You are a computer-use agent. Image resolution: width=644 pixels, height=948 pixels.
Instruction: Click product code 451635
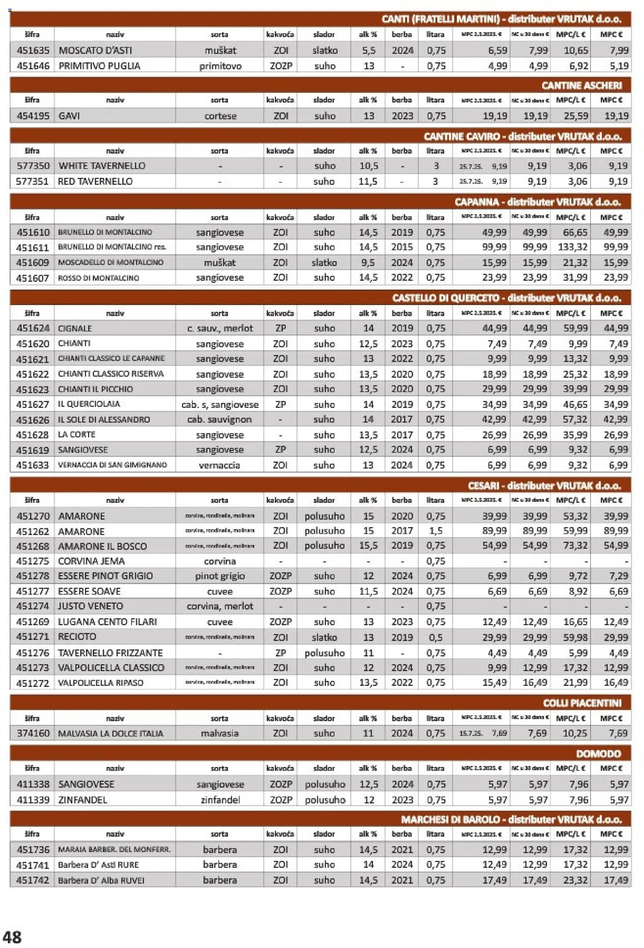[x=33, y=50]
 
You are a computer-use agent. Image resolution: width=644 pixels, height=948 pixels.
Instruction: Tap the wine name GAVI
[x=69, y=116]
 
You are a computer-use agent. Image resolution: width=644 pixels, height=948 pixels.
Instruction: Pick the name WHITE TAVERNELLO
[x=102, y=166]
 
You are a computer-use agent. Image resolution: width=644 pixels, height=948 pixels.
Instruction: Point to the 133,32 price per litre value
[x=572, y=247]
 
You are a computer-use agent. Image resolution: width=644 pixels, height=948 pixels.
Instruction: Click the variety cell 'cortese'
[x=220, y=116]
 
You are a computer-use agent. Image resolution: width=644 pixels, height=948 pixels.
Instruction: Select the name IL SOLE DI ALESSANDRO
[x=104, y=420]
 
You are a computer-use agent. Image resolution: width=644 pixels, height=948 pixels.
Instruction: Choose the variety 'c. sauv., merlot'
[x=220, y=328]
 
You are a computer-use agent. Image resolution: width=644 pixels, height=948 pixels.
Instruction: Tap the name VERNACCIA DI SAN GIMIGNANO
[x=112, y=465]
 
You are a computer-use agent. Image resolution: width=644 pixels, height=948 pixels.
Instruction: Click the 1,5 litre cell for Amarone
[x=435, y=531]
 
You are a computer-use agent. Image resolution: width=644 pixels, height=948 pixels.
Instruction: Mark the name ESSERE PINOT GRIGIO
[x=106, y=576]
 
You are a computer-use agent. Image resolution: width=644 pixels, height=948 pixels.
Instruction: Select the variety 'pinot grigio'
[x=220, y=576]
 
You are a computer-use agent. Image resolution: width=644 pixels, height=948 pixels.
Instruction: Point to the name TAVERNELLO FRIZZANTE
[x=110, y=653]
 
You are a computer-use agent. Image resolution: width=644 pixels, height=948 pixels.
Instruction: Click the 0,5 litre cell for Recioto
[x=435, y=637]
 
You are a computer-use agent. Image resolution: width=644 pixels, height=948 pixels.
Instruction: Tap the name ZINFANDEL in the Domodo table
[x=83, y=800]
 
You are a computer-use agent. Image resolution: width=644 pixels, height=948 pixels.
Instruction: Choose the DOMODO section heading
[x=598, y=754]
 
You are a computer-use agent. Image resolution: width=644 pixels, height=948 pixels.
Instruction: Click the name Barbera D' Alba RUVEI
[x=101, y=880]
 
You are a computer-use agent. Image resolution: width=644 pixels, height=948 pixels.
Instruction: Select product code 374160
[x=33, y=733]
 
